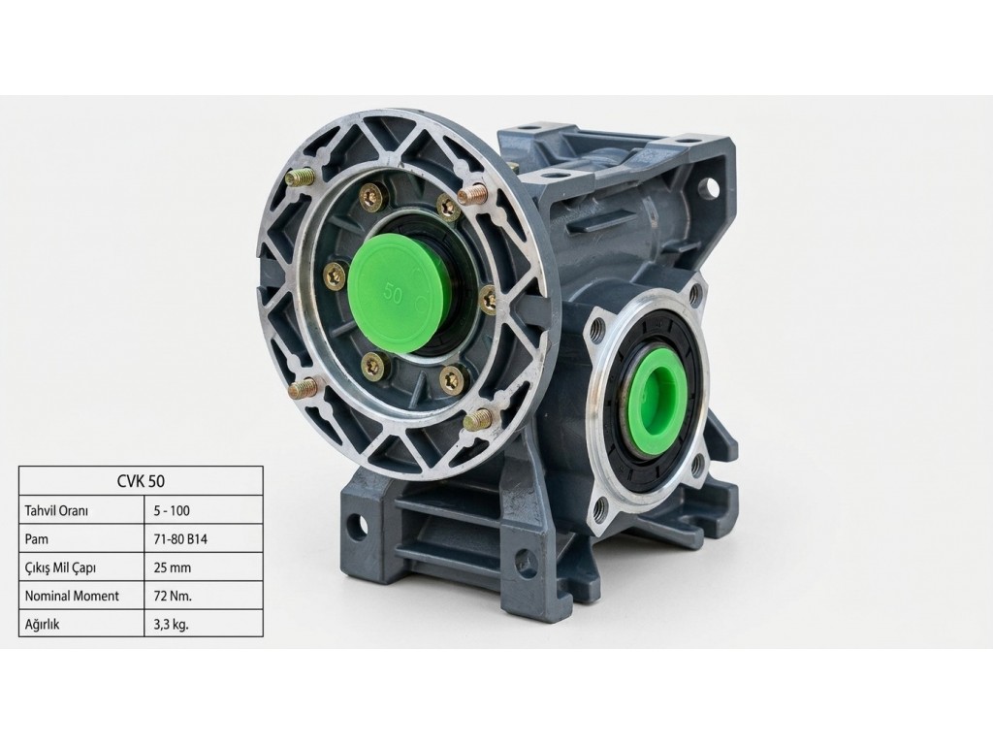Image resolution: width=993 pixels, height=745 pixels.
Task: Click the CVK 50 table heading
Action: point(141,481)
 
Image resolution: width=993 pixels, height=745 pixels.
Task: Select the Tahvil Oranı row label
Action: point(55,510)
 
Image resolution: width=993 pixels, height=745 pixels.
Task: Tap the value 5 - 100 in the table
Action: point(172,510)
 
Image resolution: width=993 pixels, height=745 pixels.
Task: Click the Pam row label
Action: point(36,539)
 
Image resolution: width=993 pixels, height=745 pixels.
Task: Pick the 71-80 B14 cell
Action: point(180,539)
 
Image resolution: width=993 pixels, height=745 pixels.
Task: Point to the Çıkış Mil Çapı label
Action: point(60,568)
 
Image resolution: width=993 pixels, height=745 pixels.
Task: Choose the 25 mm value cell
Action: point(173,567)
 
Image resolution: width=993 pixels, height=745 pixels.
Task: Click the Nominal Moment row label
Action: point(72,597)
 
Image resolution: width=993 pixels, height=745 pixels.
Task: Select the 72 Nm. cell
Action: point(173,597)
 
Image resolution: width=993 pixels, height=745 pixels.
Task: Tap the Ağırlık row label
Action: point(42,625)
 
